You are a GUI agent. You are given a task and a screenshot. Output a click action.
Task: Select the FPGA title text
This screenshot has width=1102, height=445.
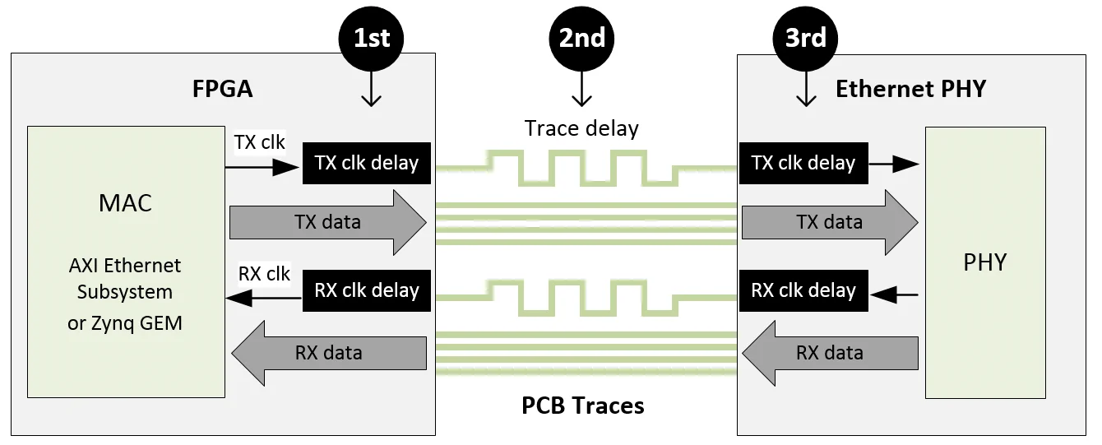[x=223, y=89]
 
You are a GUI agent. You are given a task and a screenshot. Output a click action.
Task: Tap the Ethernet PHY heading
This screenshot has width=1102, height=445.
[x=910, y=89]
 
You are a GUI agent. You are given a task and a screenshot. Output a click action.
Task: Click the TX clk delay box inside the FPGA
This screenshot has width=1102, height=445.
[x=367, y=163]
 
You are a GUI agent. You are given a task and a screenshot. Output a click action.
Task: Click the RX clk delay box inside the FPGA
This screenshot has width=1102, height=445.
[x=367, y=290]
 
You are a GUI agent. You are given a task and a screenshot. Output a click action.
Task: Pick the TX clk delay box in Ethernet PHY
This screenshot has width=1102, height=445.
[x=803, y=163]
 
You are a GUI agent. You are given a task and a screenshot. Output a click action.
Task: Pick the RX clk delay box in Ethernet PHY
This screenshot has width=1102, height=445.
[x=803, y=290]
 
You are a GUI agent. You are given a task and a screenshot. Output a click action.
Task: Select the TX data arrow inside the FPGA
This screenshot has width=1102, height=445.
[x=327, y=222]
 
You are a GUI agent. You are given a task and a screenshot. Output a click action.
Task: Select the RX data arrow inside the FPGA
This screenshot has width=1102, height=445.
[x=329, y=353]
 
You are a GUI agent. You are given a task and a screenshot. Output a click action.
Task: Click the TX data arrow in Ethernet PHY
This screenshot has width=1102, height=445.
[x=829, y=222]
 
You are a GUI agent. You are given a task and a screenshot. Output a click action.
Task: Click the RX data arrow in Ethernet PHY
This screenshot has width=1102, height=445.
[x=830, y=353]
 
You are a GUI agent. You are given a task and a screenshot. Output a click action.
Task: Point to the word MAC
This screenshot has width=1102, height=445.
[x=125, y=203]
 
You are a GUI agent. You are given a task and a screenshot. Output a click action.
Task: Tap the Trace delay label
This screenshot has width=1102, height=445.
[x=581, y=128]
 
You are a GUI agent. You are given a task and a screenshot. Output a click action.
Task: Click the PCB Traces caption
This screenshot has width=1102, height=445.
[x=583, y=406]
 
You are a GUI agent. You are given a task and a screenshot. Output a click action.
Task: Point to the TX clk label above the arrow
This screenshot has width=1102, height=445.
[x=260, y=142]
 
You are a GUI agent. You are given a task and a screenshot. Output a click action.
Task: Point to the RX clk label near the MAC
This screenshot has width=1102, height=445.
[x=264, y=273]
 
